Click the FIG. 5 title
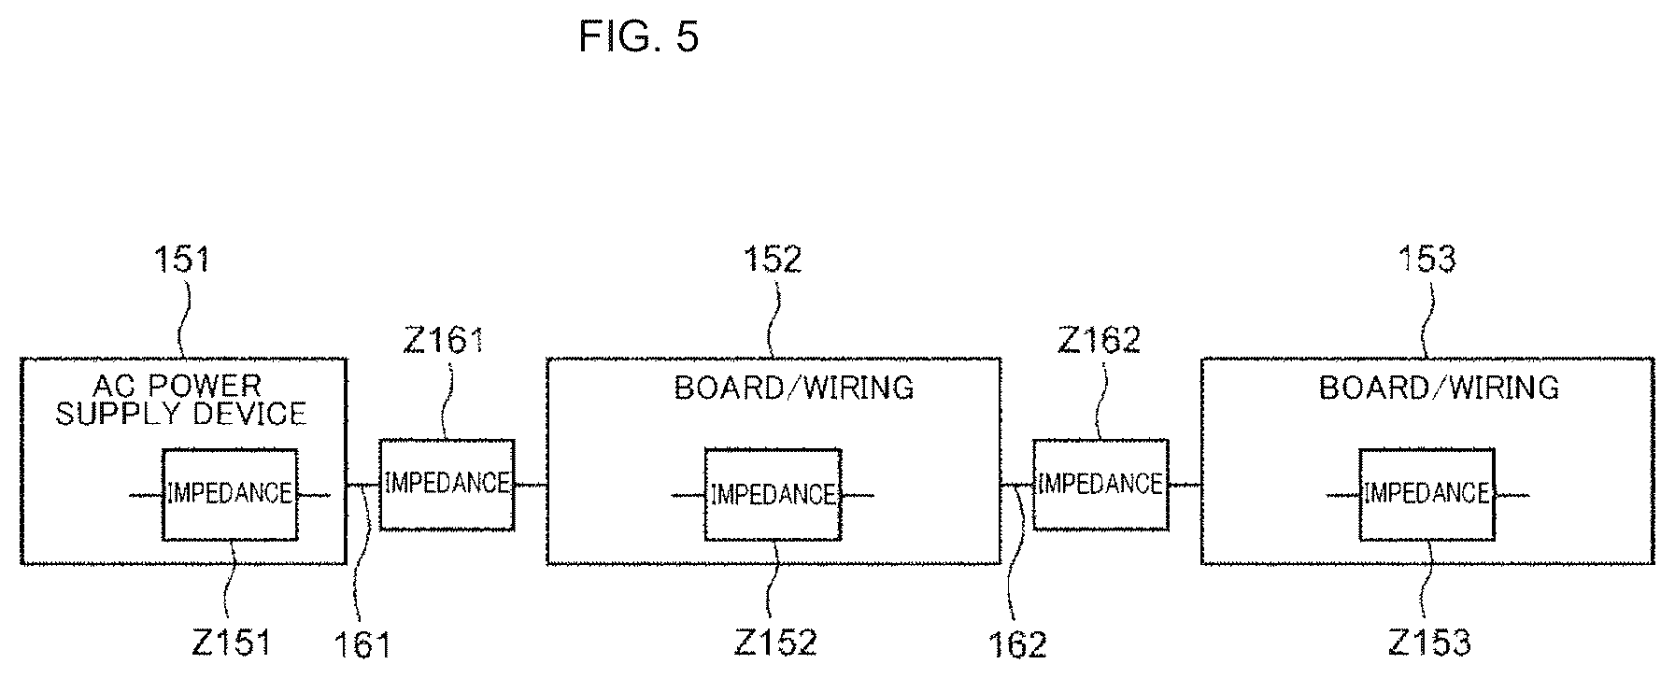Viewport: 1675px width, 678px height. click(x=638, y=36)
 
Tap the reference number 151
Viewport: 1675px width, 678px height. click(x=182, y=259)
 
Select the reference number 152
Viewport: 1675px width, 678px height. click(x=773, y=259)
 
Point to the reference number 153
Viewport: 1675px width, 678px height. click(x=1427, y=259)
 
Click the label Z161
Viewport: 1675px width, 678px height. click(x=444, y=340)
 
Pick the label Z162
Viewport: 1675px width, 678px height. click(x=1100, y=340)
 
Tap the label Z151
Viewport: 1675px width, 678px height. click(x=231, y=643)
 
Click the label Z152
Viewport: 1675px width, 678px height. click(x=775, y=643)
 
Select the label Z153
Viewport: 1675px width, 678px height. click(x=1430, y=643)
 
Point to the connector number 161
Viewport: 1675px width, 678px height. click(x=362, y=644)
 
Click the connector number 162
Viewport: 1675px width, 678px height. click(x=1018, y=644)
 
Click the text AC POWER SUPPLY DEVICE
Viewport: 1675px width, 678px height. click(x=181, y=400)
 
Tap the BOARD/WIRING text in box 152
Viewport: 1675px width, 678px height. click(x=794, y=388)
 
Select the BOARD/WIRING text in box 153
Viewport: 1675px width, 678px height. click(x=1440, y=388)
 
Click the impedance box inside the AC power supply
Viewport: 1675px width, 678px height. click(x=230, y=494)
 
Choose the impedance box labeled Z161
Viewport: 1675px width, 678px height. click(x=447, y=484)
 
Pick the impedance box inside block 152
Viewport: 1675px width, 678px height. click(x=773, y=494)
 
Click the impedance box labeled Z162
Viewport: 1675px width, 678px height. click(x=1100, y=484)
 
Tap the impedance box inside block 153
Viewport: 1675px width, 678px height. click(x=1427, y=494)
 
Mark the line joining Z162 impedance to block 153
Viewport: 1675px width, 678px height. click(x=1185, y=485)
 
